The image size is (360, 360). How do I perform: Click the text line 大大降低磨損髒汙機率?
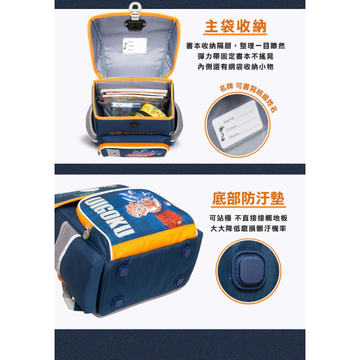tap(248, 228)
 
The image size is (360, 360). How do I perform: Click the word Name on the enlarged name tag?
tap(229, 121)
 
